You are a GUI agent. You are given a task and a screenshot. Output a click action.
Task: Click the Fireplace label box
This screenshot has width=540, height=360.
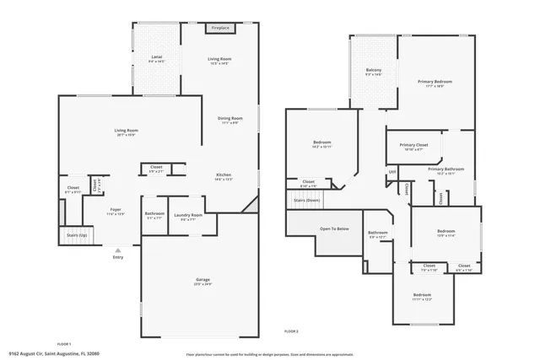pyautogui.click(x=220, y=28)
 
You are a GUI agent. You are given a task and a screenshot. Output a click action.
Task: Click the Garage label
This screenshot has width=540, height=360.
pyautogui.click(x=202, y=281)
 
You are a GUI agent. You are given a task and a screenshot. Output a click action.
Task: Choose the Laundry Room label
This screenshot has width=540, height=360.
pyautogui.click(x=188, y=217)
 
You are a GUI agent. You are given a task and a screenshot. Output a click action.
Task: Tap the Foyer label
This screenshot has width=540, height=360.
pyautogui.click(x=115, y=212)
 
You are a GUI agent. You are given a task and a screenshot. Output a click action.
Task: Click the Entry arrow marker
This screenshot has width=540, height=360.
pyautogui.click(x=117, y=250)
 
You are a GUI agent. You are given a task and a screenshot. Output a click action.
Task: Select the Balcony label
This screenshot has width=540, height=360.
pyautogui.click(x=374, y=71)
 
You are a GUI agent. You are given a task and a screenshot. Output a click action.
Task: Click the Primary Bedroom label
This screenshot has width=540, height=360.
pyautogui.click(x=435, y=83)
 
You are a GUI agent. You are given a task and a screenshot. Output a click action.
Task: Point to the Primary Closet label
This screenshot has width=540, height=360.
pyautogui.click(x=413, y=148)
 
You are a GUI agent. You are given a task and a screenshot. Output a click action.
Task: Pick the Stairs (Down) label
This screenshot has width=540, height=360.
pyautogui.click(x=306, y=201)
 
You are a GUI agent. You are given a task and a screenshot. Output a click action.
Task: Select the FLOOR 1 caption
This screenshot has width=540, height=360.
pyautogui.click(x=63, y=345)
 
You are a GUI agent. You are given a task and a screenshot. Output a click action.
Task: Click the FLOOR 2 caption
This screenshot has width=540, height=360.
pyautogui.click(x=291, y=330)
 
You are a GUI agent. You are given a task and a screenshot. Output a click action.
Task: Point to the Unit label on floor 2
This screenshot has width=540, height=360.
pyautogui.click(x=392, y=173)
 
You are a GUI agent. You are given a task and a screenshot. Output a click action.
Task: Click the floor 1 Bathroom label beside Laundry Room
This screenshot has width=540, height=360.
pyautogui.click(x=154, y=215)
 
